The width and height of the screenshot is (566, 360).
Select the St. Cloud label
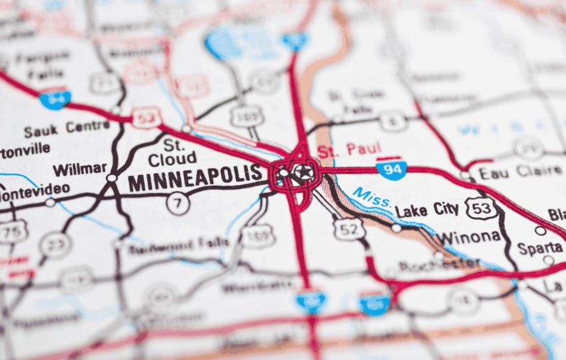click(172, 152)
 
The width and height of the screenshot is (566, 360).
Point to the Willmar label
click(80, 169)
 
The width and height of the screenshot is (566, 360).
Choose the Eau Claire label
click(520, 171)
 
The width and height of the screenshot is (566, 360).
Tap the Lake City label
click(427, 210)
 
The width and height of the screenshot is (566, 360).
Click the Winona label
click(467, 237)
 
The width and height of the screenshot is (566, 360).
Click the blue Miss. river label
click(372, 198)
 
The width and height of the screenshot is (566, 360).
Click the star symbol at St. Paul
click(304, 173)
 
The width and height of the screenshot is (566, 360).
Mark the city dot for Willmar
click(112, 178)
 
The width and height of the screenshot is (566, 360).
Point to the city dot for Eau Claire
click(464, 175)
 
